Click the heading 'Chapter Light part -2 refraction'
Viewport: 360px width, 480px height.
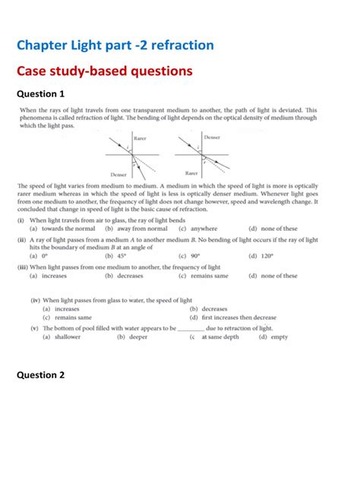coord(115,46)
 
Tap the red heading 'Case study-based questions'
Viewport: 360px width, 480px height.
coord(104,71)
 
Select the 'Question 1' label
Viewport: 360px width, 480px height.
coord(40,94)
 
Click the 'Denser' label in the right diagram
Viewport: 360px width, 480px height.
coord(212,137)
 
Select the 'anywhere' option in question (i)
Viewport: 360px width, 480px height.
coord(198,229)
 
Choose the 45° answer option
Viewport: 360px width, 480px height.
coord(115,257)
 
